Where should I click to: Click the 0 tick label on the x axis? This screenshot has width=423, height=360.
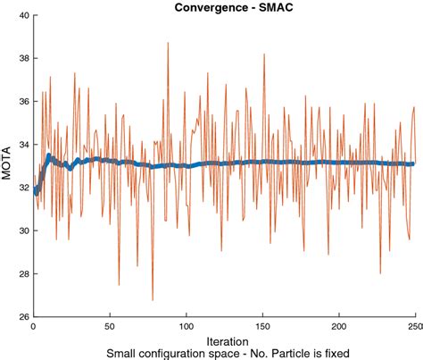pos(33,326)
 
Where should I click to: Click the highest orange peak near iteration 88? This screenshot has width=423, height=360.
pos(168,43)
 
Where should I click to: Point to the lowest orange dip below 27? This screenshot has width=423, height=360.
pos(153,299)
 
